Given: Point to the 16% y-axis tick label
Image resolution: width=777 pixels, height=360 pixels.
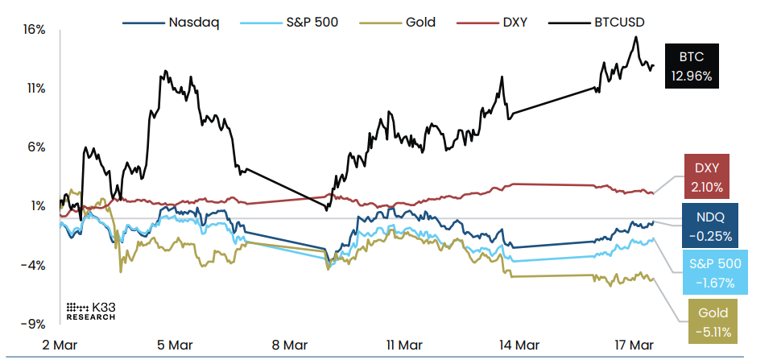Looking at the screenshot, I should click(35, 30).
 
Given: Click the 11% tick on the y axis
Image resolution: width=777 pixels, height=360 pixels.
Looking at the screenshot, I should click(35, 89).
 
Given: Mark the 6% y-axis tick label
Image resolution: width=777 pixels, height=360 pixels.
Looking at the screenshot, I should click(35, 147).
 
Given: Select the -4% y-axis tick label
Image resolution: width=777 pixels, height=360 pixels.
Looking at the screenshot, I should click(33, 265).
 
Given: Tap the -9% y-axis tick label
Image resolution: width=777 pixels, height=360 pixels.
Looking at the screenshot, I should click(33, 324).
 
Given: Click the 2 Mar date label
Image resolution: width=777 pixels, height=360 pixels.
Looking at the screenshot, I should click(59, 344).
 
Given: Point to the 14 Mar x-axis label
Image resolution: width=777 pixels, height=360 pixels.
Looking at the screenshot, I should click(517, 344).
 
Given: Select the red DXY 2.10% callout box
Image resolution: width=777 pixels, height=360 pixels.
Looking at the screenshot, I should click(706, 176).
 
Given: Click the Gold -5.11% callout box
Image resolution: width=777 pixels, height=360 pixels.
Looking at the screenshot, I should click(713, 322).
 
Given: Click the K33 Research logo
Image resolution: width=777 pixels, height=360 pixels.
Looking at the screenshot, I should click(90, 312).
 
